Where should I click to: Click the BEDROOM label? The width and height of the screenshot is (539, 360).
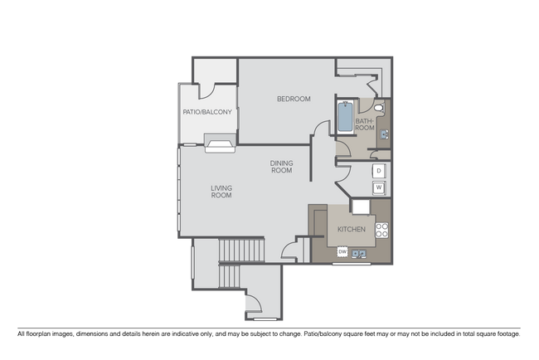coord(294,100)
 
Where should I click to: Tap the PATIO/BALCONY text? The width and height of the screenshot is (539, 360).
coord(207,112)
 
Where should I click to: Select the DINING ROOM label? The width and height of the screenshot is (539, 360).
coord(281,167)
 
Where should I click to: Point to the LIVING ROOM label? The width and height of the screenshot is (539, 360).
coord(221,192)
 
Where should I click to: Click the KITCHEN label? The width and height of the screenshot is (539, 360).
coord(352,228)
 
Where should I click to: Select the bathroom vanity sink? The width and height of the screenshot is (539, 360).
coord(384,130)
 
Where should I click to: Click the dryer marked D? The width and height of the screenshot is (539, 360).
coord(378,170)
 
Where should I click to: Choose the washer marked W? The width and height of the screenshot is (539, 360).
coord(378,188)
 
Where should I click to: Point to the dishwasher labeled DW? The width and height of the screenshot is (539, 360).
coord(342,251)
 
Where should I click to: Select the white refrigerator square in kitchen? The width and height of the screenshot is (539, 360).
coord(361,206)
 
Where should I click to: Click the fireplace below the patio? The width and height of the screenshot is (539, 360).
coord(221,147)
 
